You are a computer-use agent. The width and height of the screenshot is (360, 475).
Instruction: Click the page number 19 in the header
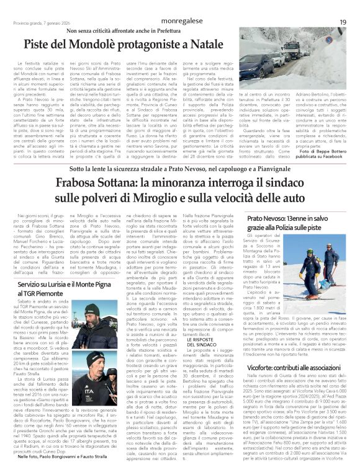pyautogui.click(x=342, y=5)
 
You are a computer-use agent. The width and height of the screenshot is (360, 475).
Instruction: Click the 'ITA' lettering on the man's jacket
pyautogui.click(x=74, y=376)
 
